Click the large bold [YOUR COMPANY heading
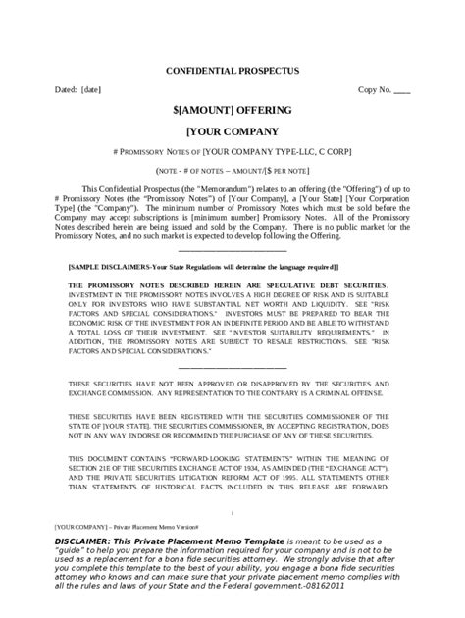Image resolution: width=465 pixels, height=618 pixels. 232,130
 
